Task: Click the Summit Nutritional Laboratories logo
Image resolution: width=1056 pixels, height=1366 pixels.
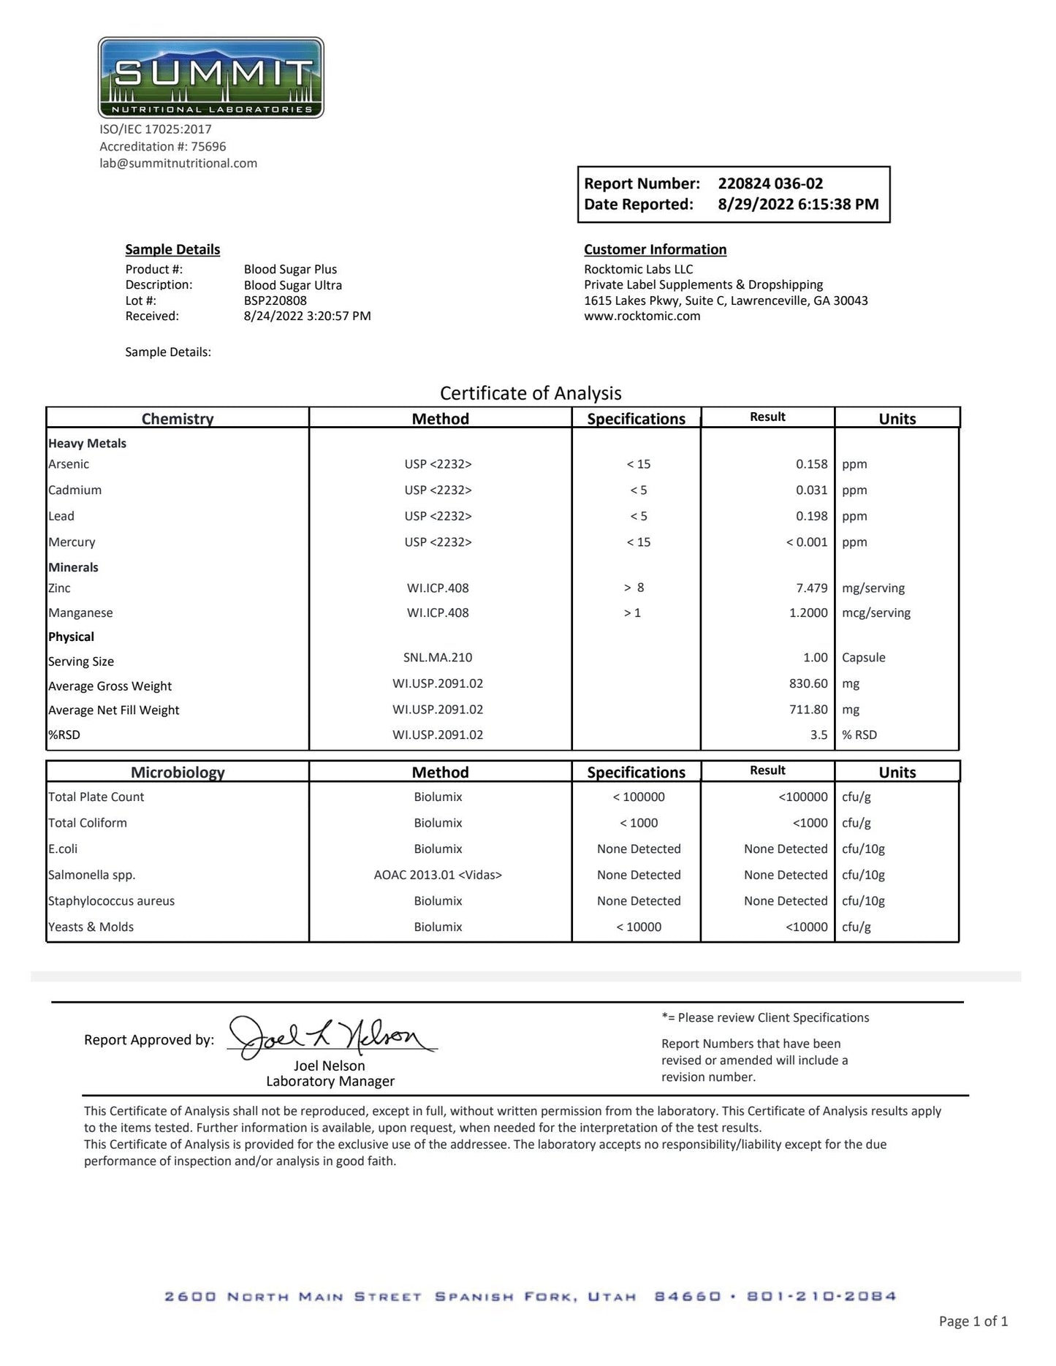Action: pos(210,77)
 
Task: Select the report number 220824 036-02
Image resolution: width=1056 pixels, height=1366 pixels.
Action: pos(770,183)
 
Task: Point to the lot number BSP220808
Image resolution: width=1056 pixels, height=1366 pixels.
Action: pos(275,300)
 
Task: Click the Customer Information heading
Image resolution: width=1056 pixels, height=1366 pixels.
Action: pos(655,249)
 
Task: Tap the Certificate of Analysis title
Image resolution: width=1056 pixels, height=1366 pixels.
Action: pos(531,393)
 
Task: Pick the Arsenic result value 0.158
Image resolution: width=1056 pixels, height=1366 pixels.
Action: pos(811,464)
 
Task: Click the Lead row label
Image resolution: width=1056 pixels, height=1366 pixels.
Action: pos(61,516)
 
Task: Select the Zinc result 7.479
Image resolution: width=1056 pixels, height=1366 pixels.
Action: pos(811,588)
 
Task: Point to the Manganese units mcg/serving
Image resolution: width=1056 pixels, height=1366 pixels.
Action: pos(875,612)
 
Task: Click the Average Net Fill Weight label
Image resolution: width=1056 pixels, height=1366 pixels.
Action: pos(113,710)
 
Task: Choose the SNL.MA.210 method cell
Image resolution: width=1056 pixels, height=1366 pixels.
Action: pos(438,657)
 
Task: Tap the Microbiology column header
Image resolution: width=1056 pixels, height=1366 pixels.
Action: pos(178,772)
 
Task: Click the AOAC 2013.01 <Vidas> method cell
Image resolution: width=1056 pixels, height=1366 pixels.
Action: pos(438,875)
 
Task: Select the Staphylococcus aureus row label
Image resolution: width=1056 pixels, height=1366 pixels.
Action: pos(111,901)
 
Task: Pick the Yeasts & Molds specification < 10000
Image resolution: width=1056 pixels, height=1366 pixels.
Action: pos(638,927)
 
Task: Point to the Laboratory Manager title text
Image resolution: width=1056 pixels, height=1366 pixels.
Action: pos(330,1081)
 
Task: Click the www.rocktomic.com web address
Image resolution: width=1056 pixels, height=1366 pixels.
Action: pos(642,316)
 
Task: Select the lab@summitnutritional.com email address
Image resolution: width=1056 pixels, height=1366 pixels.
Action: pos(178,163)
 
